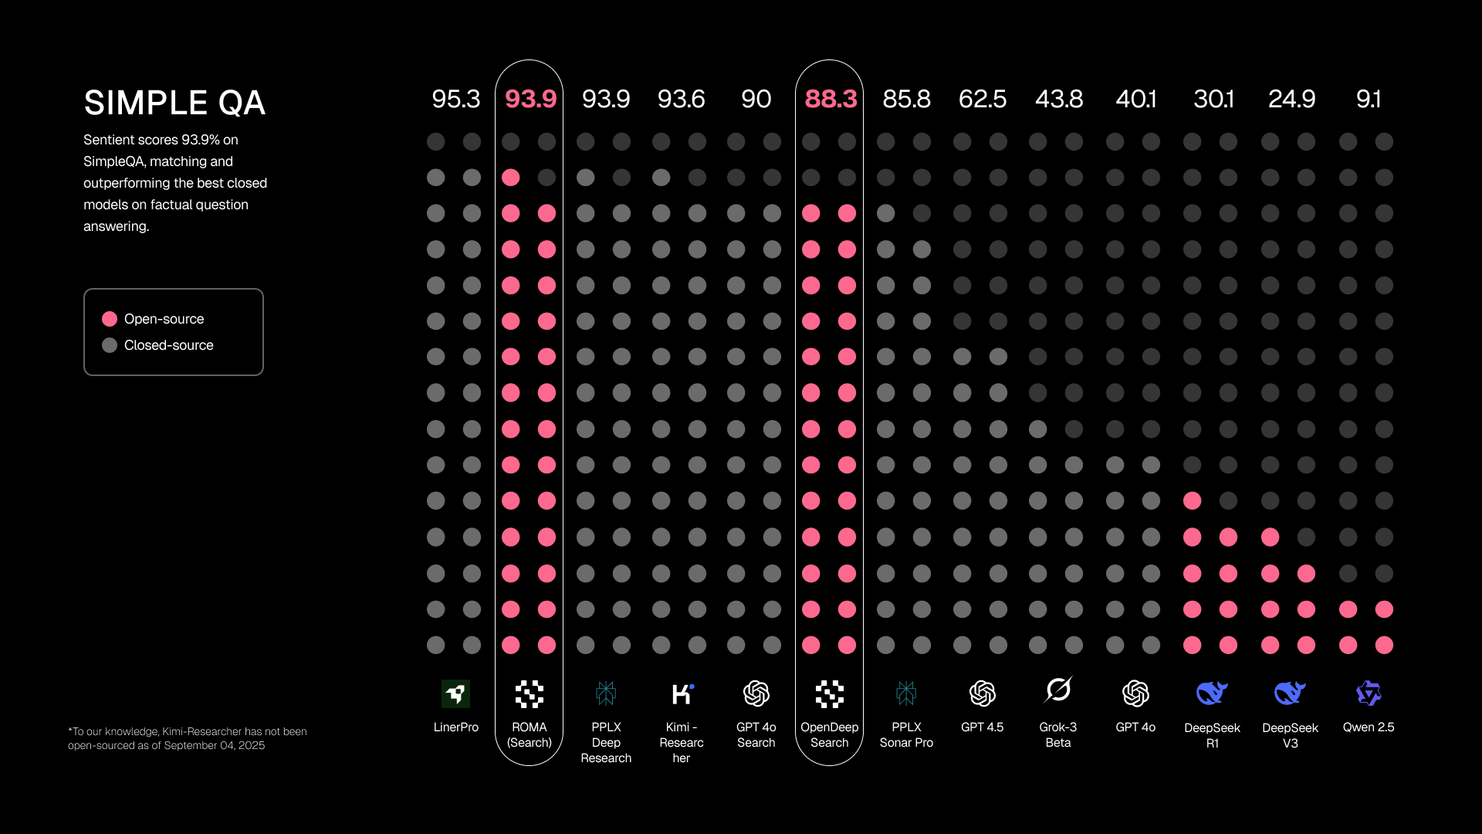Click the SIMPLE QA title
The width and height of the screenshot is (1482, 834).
click(174, 103)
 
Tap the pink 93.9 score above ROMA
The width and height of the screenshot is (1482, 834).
click(530, 99)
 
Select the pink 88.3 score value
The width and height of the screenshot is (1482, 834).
click(831, 99)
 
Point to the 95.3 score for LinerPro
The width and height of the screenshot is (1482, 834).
click(455, 99)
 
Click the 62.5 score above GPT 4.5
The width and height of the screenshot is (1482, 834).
click(982, 99)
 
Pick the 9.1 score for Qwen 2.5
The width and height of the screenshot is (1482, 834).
click(1368, 99)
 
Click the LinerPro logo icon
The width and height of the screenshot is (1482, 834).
click(455, 693)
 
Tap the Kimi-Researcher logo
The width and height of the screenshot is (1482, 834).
click(682, 693)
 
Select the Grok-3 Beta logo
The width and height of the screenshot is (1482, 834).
click(1058, 690)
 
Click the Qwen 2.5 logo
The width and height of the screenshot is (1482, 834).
click(1368, 693)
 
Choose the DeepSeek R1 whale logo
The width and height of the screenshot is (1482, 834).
click(1212, 693)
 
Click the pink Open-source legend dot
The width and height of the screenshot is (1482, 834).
click(110, 319)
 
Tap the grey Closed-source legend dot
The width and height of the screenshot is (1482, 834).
click(110, 345)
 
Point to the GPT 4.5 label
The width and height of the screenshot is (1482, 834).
click(982, 727)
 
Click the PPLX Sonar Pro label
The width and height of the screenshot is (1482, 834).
click(906, 735)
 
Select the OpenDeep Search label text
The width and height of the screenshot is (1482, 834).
click(829, 735)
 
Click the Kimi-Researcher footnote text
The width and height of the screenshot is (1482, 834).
click(187, 738)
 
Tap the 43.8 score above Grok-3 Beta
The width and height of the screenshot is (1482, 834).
click(1059, 99)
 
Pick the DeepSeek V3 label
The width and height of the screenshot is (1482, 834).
click(1290, 735)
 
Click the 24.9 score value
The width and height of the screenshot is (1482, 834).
click(1291, 99)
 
